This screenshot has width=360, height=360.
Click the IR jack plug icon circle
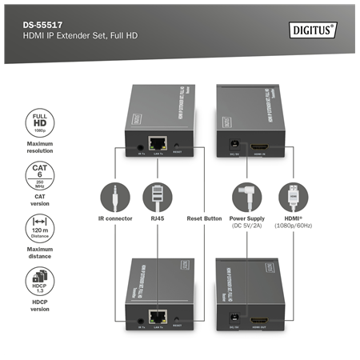[115, 198]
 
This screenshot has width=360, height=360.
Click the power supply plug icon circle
[246, 198]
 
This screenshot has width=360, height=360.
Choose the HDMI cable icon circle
[294, 198]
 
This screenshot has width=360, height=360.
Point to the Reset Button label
[204, 218]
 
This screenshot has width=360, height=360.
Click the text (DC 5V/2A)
[246, 226]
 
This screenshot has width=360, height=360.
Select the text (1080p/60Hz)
[294, 226]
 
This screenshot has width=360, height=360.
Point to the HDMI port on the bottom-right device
[262, 319]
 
